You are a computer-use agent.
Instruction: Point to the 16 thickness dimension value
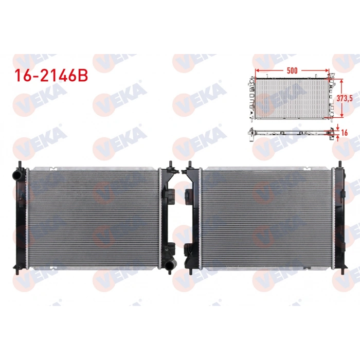tap(346, 132)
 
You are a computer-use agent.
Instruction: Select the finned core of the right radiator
tap(267, 219)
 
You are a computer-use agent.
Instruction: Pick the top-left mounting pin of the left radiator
tap(19, 165)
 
